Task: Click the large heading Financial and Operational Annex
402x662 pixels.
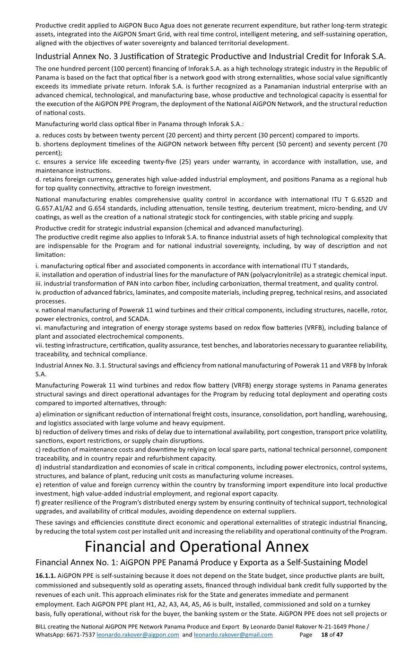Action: pyautogui.click(x=196, y=547)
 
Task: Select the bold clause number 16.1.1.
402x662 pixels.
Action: pyautogui.click(x=46, y=576)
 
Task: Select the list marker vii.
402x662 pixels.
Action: pyautogui.click(x=40, y=345)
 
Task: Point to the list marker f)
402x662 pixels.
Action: pyautogui.click(x=38, y=502)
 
